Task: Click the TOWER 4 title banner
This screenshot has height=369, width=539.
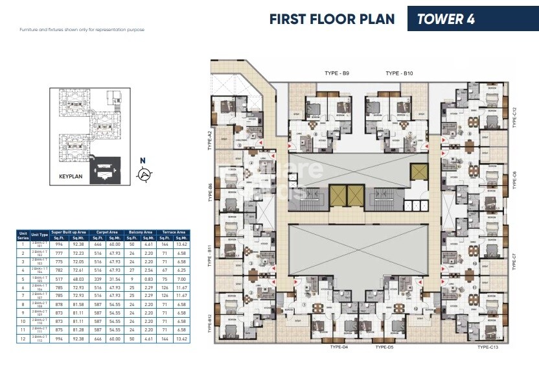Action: (x=446, y=19)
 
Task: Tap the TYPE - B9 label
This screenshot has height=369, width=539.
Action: (x=337, y=74)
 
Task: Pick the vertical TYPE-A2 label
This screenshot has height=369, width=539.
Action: (x=211, y=139)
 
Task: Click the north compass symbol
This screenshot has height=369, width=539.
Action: (x=144, y=173)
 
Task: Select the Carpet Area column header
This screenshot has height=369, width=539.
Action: (x=105, y=231)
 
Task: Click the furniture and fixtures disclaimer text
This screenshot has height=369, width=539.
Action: (x=82, y=30)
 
